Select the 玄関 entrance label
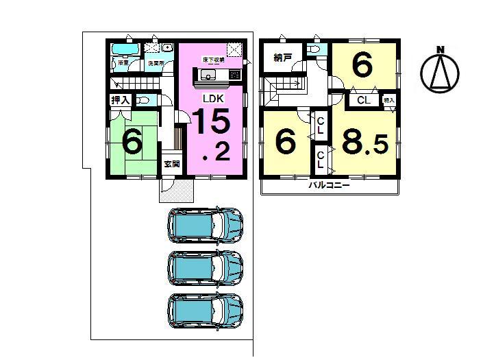pyautogui.click(x=171, y=165)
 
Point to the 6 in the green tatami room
pyautogui.click(x=132, y=142)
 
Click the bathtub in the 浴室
pyautogui.click(x=125, y=50)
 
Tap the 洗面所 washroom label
pyautogui.click(x=158, y=63)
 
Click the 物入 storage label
pyautogui.click(x=389, y=100)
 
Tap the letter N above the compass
pyautogui.click(x=441, y=49)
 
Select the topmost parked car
pyautogui.click(x=206, y=223)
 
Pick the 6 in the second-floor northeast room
pyautogui.click(x=362, y=66)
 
